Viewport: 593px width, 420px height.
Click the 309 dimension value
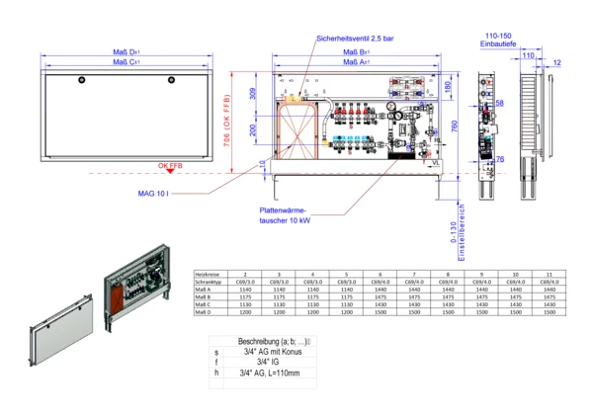(252, 95)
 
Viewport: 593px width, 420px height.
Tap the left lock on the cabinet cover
(83, 79)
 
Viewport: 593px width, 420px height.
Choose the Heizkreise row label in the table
(207, 273)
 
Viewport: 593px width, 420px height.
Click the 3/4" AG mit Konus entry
(274, 351)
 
